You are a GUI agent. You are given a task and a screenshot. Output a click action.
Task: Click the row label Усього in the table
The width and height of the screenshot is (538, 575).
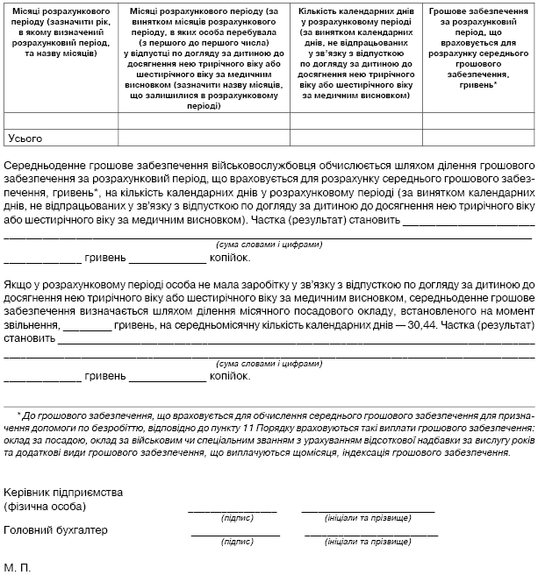tap(25, 138)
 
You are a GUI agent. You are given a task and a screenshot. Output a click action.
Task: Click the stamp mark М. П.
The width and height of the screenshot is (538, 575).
tap(17, 568)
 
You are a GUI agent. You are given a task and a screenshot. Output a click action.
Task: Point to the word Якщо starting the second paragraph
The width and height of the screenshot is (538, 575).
tap(20, 285)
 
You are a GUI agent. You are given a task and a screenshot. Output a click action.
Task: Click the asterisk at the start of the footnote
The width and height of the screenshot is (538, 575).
tap(19, 413)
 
